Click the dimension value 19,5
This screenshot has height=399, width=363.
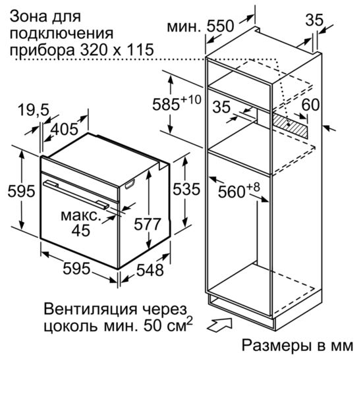tap(34, 110)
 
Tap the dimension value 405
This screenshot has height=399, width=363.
tap(64, 129)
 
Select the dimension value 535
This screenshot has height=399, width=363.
tap(186, 189)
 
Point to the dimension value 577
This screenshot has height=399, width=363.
tap(148, 224)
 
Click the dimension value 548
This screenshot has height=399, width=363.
tap(150, 270)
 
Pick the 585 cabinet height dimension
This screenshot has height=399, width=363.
tap(177, 103)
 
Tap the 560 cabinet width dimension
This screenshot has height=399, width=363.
tap(239, 190)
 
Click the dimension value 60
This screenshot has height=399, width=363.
tap(310, 105)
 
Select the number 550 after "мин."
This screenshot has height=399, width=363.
tap(220, 26)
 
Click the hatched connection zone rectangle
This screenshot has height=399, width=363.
tap(290, 126)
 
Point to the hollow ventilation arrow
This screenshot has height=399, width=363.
tap(220, 324)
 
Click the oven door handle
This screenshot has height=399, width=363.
tap(76, 195)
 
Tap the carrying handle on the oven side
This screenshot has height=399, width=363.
tap(130, 184)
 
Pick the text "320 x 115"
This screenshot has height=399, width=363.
tap(117, 49)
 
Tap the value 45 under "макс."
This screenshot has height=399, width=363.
tap(81, 230)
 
